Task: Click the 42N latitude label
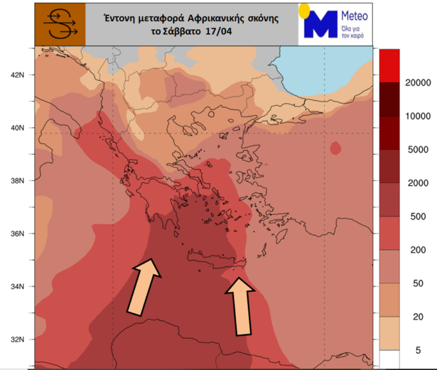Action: pyautogui.click(x=17, y=75)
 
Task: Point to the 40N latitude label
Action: pyautogui.click(x=17, y=128)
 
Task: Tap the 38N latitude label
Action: pyautogui.click(x=17, y=181)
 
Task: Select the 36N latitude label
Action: pyautogui.click(x=17, y=234)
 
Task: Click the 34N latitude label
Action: pyautogui.click(x=17, y=287)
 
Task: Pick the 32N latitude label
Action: pyautogui.click(x=17, y=340)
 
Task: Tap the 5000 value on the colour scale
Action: pyautogui.click(x=418, y=150)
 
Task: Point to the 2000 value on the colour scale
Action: pyautogui.click(x=418, y=183)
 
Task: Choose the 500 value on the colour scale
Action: pyautogui.click(x=418, y=217)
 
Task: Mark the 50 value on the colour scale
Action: pyautogui.click(x=418, y=283)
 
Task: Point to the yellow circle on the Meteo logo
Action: pyautogui.click(x=304, y=9)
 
